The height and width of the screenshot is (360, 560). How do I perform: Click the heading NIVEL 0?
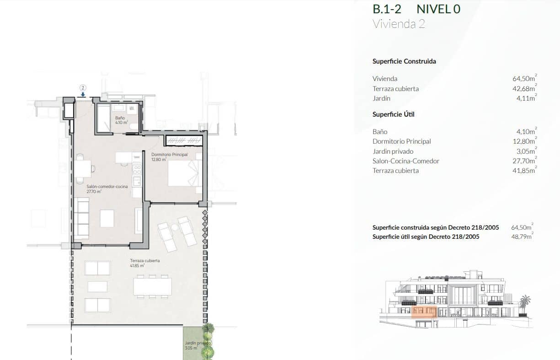click(438, 9)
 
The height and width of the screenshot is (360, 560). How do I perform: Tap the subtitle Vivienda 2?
click(399, 24)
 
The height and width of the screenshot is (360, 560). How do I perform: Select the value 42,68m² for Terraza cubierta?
click(524, 88)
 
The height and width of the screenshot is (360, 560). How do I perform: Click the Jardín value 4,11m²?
click(527, 98)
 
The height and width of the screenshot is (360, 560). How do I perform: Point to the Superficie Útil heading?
click(393, 114)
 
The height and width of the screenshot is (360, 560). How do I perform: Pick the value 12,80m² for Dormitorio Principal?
click(525, 141)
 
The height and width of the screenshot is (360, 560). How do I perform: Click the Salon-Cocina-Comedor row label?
click(406, 161)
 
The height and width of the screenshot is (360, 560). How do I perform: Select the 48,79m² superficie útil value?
click(522, 236)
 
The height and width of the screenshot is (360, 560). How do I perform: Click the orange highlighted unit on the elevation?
click(424, 312)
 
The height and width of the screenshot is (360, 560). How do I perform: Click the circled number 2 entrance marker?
click(83, 87)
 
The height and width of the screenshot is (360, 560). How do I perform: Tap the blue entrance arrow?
click(83, 95)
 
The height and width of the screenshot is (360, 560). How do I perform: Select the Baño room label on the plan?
click(122, 120)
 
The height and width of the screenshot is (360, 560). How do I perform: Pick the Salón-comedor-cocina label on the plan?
click(107, 189)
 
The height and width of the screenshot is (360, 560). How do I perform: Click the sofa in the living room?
click(81, 217)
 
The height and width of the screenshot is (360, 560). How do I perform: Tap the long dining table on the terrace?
click(153, 286)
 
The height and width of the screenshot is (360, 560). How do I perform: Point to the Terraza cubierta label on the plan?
click(145, 263)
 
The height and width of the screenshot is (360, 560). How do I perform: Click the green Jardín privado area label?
click(197, 345)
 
